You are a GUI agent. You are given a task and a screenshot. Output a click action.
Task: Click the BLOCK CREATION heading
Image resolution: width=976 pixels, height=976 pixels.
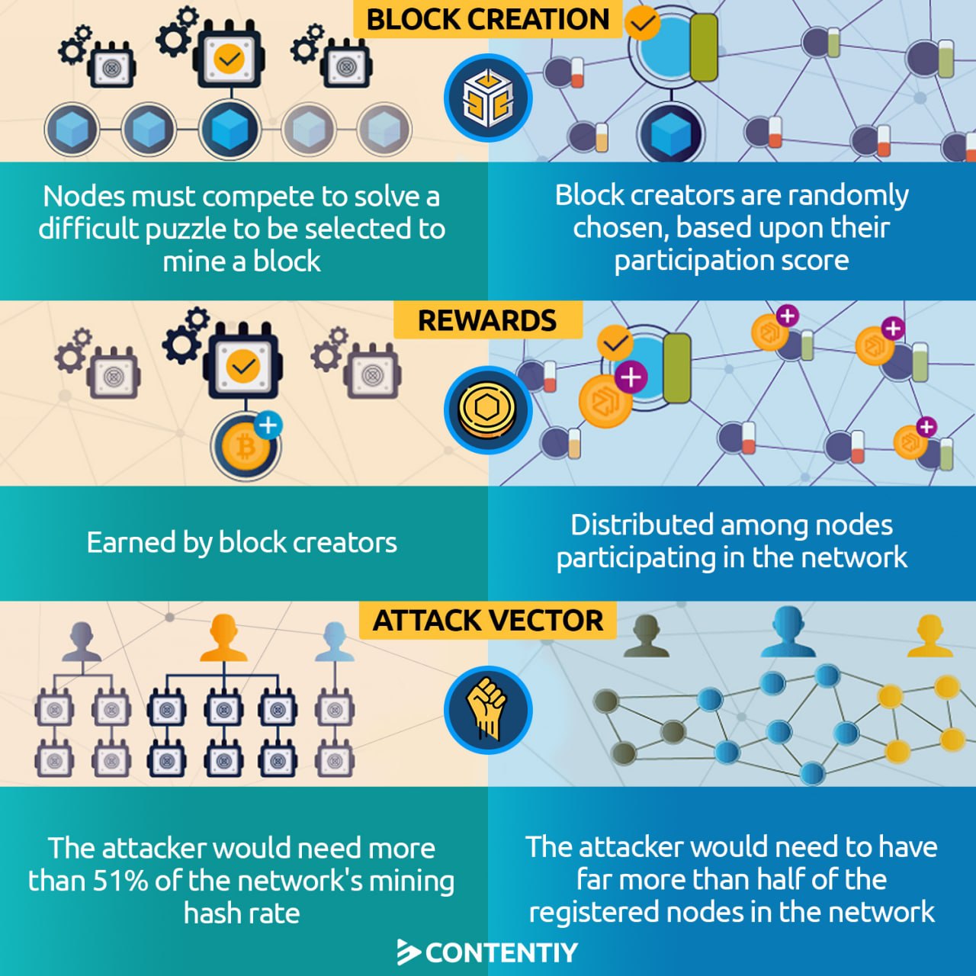[488, 19]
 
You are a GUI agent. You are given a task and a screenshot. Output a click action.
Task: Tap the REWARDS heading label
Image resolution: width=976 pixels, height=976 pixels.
[487, 320]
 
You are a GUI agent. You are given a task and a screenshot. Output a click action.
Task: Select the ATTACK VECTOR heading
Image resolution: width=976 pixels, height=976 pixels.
[488, 621]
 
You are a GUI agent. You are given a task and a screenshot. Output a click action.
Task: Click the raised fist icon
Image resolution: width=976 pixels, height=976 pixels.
[487, 709]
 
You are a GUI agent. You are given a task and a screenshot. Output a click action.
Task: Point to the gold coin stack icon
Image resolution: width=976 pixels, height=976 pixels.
[487, 410]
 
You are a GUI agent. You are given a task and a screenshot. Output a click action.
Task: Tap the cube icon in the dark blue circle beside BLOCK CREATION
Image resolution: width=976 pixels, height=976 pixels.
[487, 98]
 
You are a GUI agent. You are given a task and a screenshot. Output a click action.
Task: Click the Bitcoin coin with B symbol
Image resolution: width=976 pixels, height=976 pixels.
[245, 448]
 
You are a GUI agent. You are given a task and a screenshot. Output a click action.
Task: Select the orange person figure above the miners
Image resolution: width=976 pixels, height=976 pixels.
[223, 639]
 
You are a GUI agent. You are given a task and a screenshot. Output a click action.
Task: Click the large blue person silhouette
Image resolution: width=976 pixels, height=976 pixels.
[788, 633]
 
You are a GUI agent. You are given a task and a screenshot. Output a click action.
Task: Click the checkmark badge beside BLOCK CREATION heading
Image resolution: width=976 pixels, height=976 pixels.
[642, 23]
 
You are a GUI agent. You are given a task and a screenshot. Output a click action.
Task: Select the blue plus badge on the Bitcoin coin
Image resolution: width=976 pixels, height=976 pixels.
[268, 425]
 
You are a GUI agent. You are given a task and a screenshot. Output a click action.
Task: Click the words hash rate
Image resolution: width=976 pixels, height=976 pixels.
[242, 913]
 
